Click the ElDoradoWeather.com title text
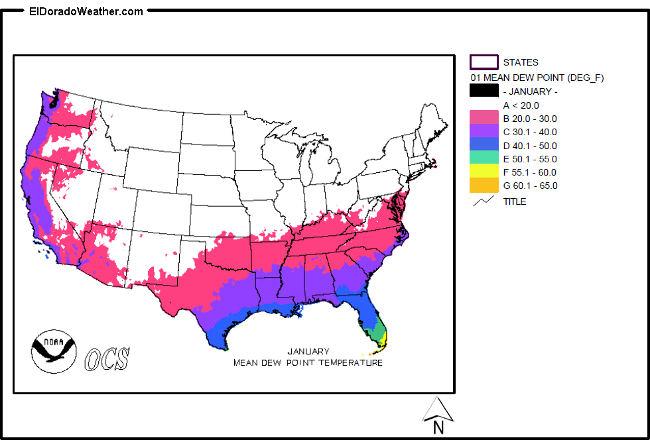[86, 11]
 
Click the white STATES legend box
[484, 62]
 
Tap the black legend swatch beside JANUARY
[484, 91]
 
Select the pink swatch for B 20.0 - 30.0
[484, 119]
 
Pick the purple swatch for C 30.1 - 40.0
[484, 132]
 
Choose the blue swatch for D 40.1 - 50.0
[484, 146]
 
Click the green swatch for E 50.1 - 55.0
[484, 159]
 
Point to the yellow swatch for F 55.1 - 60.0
[484, 172]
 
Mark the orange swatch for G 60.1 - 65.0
[484, 186]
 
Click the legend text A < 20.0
[521, 105]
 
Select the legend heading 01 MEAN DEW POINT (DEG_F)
[537, 78]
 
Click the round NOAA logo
[54, 351]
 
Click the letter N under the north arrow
[438, 428]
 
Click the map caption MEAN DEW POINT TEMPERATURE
[308, 362]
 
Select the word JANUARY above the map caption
[308, 351]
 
